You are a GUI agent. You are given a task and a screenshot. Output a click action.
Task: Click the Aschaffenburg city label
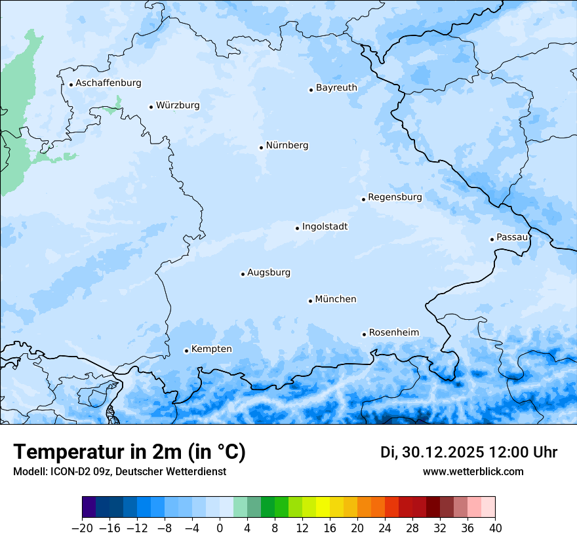point(108,83)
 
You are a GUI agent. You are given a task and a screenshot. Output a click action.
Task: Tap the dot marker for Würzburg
point(151,107)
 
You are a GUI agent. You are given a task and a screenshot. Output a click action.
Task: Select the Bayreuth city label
point(336,88)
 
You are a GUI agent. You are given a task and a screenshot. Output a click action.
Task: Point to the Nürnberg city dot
point(261,147)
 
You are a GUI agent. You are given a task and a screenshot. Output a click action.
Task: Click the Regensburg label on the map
point(395,197)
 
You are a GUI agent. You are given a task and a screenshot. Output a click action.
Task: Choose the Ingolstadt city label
point(325,227)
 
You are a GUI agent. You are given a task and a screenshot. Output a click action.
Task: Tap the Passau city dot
point(492,239)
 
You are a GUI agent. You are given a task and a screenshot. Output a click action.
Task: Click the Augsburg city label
point(269,273)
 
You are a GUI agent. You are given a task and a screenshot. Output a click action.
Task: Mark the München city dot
point(310,301)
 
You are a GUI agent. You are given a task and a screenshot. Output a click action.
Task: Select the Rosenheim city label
point(393,333)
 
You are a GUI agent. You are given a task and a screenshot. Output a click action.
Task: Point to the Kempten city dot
point(186,351)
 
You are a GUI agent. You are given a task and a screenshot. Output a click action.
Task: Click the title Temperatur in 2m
point(129,452)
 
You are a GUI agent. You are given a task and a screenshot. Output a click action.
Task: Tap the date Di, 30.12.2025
point(432,452)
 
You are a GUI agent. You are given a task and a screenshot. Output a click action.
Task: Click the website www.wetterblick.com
point(473,472)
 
